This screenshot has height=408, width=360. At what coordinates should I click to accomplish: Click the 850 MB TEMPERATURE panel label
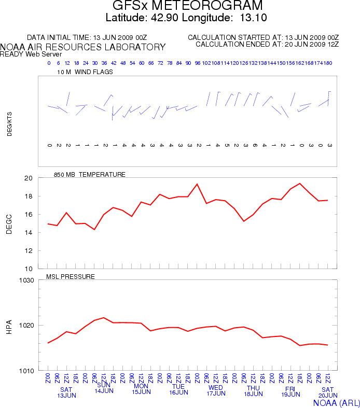pos(89,175)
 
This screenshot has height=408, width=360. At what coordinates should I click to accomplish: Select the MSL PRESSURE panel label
pos(71,277)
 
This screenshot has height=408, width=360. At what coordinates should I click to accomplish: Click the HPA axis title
pos(9,326)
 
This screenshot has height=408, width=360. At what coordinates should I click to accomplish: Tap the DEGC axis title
pos(9,223)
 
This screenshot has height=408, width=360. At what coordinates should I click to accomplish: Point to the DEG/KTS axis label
pos(9,125)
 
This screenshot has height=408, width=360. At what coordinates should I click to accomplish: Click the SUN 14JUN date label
pos(104,388)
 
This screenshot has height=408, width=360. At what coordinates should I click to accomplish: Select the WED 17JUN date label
pos(216,390)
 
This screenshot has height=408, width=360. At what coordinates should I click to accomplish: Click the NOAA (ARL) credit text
pos(336,402)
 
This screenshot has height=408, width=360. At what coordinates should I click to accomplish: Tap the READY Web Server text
pos(31,54)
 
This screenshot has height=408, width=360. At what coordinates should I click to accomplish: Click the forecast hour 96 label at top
pos(198,63)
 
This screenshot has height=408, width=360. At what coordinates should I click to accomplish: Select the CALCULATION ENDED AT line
pos(267,45)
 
